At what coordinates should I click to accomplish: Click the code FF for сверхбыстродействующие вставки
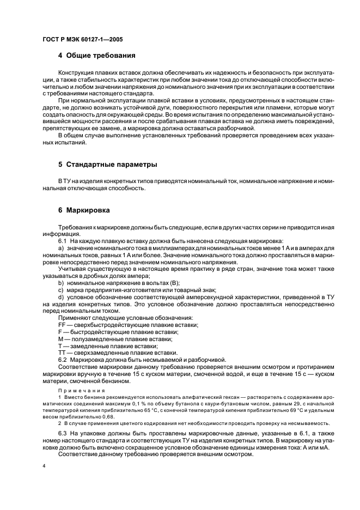point(61,325)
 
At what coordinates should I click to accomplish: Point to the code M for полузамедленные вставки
point(60,339)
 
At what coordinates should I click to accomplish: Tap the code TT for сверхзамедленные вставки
point(61,353)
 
